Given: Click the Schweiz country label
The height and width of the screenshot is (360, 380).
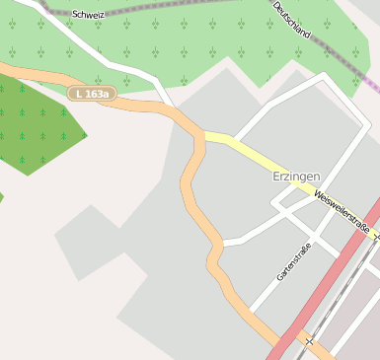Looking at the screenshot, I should pyautogui.click(x=88, y=15).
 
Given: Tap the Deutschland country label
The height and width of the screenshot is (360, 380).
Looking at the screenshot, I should pyautogui.click(x=291, y=20).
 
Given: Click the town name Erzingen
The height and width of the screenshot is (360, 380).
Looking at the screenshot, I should pyautogui.click(x=296, y=176).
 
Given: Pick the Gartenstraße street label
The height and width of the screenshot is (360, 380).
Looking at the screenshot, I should pyautogui.click(x=293, y=261).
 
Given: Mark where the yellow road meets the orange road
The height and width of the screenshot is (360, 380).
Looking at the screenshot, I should pyautogui.click(x=201, y=134).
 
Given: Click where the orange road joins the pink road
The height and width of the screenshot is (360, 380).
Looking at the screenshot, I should pyautogui.click(x=279, y=344).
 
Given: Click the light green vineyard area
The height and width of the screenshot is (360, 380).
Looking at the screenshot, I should pyautogui.click(x=197, y=49).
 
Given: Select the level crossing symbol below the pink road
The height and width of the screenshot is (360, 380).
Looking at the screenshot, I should pyautogui.click(x=310, y=341).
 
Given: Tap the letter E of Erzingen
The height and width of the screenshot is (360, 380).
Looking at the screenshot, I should pyautogui.click(x=276, y=176).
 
